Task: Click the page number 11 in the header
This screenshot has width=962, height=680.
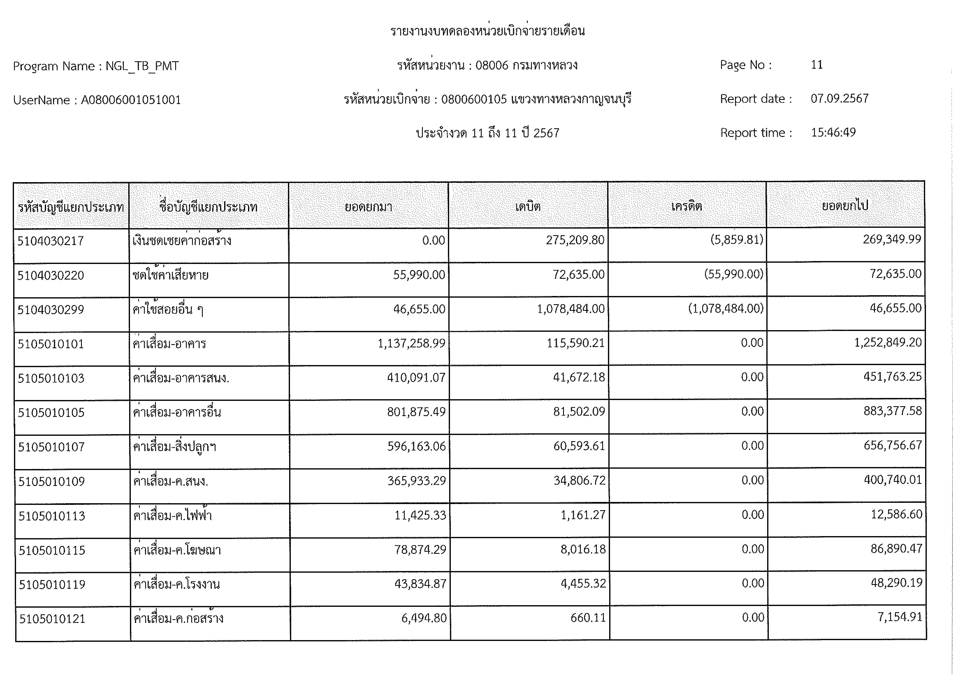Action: [817, 65]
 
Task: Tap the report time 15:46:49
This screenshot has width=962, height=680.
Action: [833, 133]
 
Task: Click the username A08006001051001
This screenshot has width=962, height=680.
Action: [131, 100]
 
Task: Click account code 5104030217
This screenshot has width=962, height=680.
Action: [51, 241]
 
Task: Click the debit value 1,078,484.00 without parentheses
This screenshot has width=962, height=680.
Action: [571, 309]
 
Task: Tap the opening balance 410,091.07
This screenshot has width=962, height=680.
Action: [416, 378]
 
